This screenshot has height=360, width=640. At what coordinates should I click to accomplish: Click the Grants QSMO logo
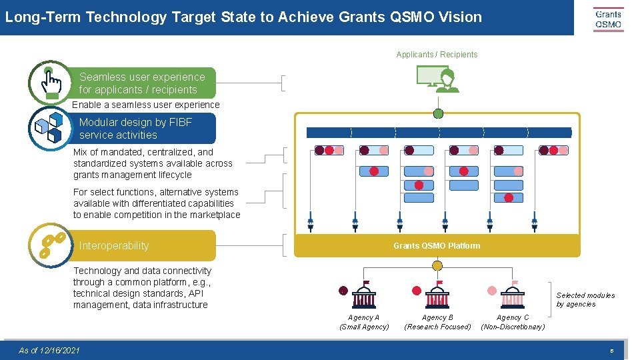608,19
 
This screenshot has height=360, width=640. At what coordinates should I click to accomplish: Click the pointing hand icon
50,83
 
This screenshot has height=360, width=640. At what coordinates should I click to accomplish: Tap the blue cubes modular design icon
49,127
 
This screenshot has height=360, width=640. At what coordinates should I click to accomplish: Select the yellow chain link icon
51,245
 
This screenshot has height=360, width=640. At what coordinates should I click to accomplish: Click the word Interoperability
114,245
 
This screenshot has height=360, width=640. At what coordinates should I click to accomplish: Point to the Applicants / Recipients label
437,55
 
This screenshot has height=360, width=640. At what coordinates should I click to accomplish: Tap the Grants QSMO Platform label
437,246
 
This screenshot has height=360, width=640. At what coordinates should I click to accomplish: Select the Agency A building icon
365,294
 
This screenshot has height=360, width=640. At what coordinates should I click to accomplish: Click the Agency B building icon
438,294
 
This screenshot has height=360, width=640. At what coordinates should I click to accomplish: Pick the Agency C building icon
513,294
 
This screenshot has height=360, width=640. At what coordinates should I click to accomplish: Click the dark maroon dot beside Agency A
343,291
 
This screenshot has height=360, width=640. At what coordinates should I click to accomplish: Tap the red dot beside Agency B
417,291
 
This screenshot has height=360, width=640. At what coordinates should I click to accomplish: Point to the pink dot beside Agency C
492,291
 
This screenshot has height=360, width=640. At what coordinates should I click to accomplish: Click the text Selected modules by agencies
585,300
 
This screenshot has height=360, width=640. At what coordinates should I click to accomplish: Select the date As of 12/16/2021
49,351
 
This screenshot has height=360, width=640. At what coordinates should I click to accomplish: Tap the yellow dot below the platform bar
437,265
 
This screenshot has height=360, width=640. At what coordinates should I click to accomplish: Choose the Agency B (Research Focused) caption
437,322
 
